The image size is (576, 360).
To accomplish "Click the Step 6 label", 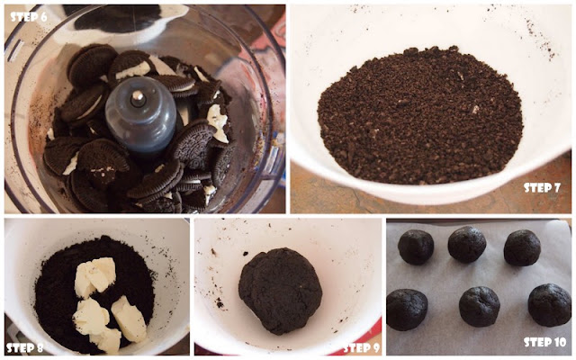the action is coord(28,17).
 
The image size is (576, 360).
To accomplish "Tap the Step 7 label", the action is coord(542,188).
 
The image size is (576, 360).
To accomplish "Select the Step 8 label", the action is coord(25,347).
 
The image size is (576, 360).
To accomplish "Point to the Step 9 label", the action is coord(362,347).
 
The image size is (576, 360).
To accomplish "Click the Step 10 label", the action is coord(544,342).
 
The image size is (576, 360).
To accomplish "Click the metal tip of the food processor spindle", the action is coord(138,96).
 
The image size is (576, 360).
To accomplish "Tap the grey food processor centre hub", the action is coord(141,114).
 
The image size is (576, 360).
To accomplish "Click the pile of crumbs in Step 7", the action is coord(420,115).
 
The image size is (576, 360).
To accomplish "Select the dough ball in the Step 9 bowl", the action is coord(280,291).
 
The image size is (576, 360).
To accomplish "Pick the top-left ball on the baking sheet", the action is coord(416,247).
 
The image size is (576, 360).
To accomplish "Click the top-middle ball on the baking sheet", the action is coord(466,244).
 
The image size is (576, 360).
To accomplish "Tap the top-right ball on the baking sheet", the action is coord(522,247).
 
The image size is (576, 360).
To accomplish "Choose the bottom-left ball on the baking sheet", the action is coord(407,310).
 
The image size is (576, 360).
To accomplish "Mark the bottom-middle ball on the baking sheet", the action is coord(480,306).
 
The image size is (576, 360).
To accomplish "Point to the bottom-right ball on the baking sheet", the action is coord(550,305).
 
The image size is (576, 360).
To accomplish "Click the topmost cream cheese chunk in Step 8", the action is coord(94,277).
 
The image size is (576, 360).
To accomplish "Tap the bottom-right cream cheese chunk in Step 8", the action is coord(129,319).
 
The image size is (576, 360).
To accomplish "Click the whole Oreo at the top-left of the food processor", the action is coord(92,65).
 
